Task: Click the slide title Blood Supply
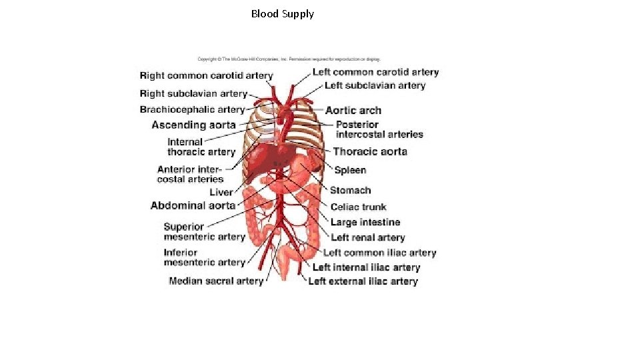click(282, 13)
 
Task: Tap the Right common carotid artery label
click(206, 76)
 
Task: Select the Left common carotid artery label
click(375, 72)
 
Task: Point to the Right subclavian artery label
click(193, 94)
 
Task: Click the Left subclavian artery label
click(375, 85)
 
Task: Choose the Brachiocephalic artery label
click(192, 109)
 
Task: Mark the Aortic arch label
click(353, 111)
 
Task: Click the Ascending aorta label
click(193, 125)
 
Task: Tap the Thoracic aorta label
click(370, 152)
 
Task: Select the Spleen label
click(350, 171)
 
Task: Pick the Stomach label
click(350, 191)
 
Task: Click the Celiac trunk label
click(358, 207)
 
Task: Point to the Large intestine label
click(365, 222)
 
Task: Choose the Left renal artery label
click(367, 237)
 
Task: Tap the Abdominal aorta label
click(193, 205)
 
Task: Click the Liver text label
click(221, 192)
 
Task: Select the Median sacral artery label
click(216, 281)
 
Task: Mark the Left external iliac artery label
click(363, 281)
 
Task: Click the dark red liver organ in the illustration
click(263, 160)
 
